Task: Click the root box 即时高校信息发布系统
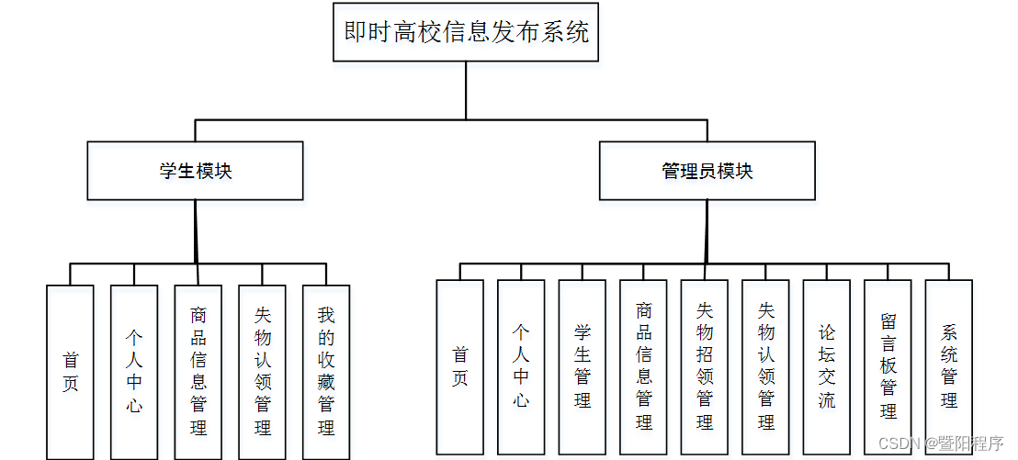(466, 32)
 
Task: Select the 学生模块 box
(195, 171)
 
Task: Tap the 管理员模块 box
(707, 171)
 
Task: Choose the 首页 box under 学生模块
(70, 372)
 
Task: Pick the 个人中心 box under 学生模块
(134, 372)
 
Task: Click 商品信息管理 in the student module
(198, 372)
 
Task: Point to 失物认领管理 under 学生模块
(262, 372)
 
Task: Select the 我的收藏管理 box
(326, 372)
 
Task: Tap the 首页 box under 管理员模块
(459, 367)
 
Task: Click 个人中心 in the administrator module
(521, 367)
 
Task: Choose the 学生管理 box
(583, 367)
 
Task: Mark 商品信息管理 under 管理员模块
(643, 367)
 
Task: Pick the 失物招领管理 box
(705, 367)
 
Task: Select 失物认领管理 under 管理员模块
(765, 367)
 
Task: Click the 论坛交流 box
(826, 367)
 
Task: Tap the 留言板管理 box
(888, 367)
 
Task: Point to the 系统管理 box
(948, 367)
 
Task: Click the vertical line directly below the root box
(466, 90)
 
